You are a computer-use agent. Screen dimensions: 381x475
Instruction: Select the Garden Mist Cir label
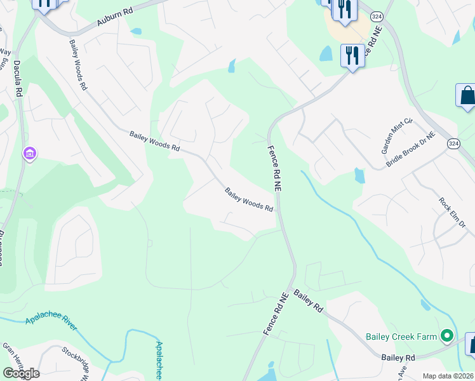pos(397,136)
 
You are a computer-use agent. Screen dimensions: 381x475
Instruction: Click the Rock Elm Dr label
pos(452,213)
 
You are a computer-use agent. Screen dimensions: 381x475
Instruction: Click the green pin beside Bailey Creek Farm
pos(447,335)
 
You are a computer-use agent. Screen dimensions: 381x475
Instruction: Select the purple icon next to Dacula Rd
pos(29,154)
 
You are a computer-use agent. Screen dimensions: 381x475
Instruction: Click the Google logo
pos(20,373)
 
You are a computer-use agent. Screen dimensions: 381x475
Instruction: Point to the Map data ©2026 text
pos(448,376)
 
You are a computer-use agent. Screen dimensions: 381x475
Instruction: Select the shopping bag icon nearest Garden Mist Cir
pos(466,97)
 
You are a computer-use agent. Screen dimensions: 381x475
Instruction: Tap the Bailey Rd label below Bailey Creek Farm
pos(398,358)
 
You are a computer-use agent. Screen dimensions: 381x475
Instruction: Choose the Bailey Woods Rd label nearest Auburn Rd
pos(78,64)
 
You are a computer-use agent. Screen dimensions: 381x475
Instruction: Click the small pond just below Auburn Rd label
pos(135,30)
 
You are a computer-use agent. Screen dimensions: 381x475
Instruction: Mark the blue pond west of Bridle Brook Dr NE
pos(360,175)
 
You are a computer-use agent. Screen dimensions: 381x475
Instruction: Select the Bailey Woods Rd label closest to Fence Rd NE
pos(249,199)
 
